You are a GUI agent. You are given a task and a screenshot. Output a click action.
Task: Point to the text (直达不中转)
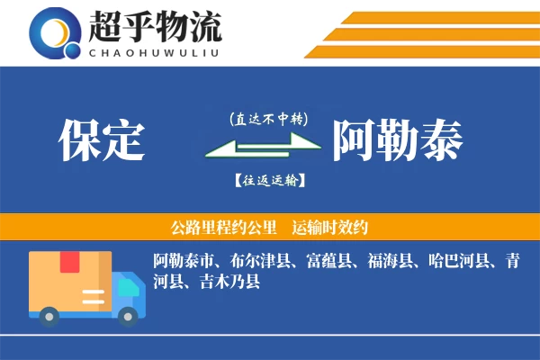269,119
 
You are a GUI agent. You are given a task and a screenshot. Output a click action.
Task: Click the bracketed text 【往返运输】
269,181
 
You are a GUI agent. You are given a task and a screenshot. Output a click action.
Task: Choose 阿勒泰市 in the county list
184,262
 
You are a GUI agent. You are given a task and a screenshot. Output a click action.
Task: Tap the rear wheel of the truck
49,314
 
